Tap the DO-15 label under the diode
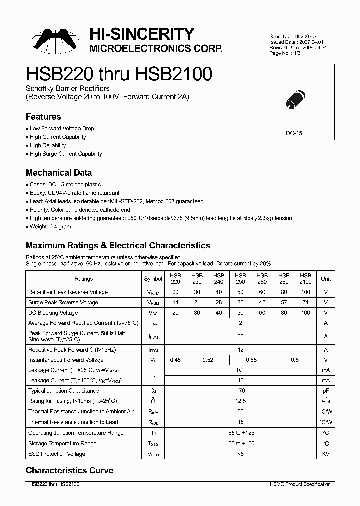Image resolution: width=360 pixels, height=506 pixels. click(x=294, y=134)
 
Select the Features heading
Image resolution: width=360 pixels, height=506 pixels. click(x=43, y=117)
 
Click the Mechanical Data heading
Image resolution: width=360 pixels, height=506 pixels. click(x=59, y=173)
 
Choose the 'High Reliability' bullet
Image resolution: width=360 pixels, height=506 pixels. click(x=47, y=145)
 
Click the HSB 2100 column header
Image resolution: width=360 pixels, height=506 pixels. click(x=305, y=278)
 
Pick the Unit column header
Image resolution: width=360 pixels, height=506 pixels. click(x=326, y=279)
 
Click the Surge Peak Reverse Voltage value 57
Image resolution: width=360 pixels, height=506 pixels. click(x=284, y=302)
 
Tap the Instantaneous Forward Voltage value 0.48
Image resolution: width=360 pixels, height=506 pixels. click(x=175, y=360)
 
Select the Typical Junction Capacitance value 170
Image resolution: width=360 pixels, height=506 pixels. click(x=240, y=391)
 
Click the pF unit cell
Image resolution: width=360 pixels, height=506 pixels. click(x=326, y=391)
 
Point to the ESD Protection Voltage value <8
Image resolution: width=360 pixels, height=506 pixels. click(x=240, y=454)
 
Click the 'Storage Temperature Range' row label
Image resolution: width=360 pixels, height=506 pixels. click(x=62, y=443)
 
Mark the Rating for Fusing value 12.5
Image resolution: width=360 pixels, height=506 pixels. click(x=240, y=401)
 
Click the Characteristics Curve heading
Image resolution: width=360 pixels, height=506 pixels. click(x=69, y=470)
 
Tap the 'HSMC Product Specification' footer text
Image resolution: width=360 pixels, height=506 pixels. click(x=300, y=484)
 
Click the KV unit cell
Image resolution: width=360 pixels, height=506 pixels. click(x=326, y=454)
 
